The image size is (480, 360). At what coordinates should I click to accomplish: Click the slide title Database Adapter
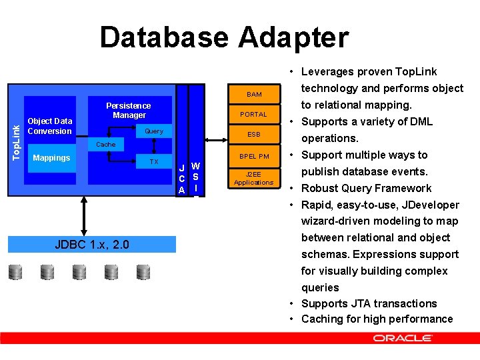coord(224,37)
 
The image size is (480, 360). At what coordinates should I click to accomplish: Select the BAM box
coord(253,95)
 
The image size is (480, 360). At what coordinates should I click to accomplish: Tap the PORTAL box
coord(253,115)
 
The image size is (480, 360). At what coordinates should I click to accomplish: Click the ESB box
coord(253,135)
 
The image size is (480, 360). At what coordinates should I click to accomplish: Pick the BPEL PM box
coord(253,157)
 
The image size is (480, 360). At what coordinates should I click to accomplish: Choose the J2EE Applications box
coord(253,178)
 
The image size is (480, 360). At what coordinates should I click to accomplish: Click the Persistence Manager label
coord(129,111)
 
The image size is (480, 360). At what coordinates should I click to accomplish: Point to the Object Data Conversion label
coord(49,126)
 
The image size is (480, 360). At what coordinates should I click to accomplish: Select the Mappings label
coord(51,159)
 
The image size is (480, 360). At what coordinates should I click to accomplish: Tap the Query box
coord(154,131)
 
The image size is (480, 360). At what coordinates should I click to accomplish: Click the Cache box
coord(106,145)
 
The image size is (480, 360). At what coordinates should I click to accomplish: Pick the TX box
coord(154,162)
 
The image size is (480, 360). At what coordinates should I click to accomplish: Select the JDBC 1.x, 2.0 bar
coord(92,245)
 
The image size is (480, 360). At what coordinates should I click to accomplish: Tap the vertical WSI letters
coord(195,177)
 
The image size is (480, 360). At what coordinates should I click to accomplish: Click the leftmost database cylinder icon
coord(15,272)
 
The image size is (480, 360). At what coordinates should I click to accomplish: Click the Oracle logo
coord(402,339)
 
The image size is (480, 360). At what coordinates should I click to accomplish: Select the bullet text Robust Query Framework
coord(366,188)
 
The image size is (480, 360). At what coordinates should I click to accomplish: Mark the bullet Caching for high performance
coord(377,319)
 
